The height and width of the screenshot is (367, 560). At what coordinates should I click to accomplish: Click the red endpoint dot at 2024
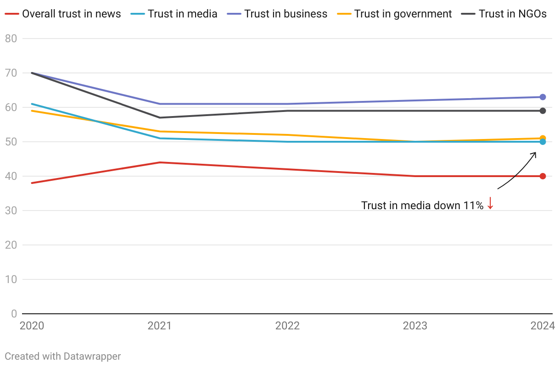click(543, 176)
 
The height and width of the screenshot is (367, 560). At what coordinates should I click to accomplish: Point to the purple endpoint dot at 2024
click(543, 97)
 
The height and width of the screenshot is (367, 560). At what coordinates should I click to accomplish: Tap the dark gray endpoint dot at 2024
click(543, 111)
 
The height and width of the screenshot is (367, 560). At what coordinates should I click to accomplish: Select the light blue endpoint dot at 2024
click(543, 142)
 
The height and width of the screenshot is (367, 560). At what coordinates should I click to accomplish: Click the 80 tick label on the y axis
click(11, 39)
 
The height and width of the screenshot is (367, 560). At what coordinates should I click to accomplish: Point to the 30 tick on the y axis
click(11, 211)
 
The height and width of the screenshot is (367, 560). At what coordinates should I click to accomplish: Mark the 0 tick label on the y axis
click(14, 314)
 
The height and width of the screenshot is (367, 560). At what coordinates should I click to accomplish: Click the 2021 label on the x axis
click(160, 326)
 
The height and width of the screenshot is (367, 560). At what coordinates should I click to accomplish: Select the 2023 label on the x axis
click(415, 326)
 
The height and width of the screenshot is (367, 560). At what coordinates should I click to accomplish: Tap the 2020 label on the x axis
click(32, 326)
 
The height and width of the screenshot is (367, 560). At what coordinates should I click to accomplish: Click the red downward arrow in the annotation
click(490, 203)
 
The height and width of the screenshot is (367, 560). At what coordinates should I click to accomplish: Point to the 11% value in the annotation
click(473, 206)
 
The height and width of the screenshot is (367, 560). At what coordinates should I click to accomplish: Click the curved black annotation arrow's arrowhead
click(535, 153)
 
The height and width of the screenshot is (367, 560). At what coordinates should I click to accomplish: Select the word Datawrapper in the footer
click(92, 356)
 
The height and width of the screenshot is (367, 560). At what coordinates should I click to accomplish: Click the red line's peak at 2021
click(160, 162)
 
